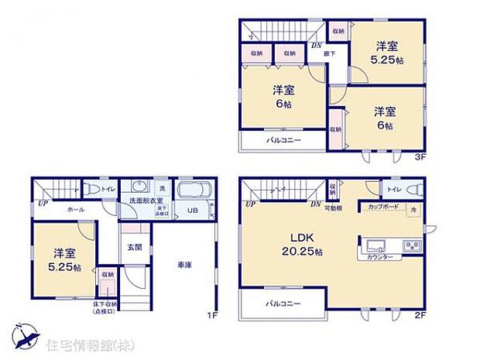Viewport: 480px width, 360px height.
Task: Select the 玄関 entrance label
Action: (x=135, y=248)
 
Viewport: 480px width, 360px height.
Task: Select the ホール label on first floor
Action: (x=76, y=210)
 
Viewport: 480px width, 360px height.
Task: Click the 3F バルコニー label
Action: (x=284, y=141)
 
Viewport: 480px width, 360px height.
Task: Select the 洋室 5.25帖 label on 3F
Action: (x=387, y=51)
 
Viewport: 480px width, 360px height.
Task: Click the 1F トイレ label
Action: (x=108, y=188)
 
